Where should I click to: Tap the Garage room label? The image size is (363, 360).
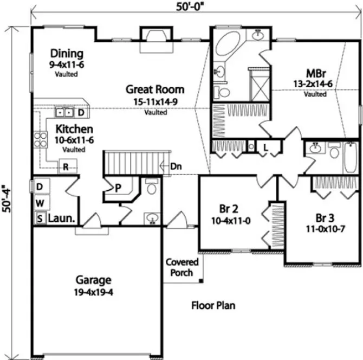click(93, 280)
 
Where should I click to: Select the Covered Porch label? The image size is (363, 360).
click(182, 267)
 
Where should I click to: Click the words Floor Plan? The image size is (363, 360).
click(213, 306)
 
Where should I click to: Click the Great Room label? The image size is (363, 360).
click(155, 89)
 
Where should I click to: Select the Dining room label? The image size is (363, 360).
click(67, 54)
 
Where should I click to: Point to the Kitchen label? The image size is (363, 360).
click(74, 130)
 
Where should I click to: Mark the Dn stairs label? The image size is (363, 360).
click(176, 166)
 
